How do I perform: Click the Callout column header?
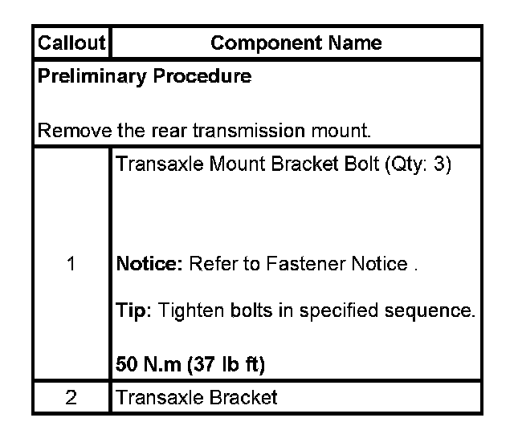71,43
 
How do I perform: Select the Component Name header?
296,43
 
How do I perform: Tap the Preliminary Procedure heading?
145,77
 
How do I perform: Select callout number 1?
71,265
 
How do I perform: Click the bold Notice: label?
149,265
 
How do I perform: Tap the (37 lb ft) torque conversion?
227,366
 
